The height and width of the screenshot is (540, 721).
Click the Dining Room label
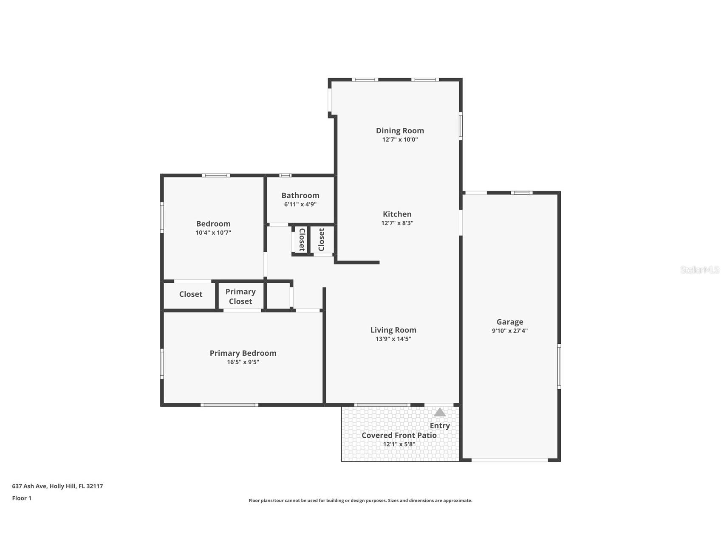point(400,130)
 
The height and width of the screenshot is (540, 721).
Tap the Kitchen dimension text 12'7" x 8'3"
point(397,223)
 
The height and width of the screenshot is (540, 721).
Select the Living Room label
point(393,330)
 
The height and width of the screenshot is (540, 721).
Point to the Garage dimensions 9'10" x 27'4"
point(510,331)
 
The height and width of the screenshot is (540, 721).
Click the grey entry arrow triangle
point(440,412)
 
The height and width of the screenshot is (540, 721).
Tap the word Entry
point(440,425)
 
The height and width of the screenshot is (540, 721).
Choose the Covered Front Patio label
point(399,435)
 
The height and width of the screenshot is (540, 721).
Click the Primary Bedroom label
point(243,353)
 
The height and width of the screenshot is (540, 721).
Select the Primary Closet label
point(240,296)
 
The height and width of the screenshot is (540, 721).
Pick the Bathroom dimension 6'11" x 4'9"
point(300,204)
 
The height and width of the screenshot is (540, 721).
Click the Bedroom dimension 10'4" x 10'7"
point(213,233)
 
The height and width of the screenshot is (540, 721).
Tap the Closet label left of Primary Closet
point(191,294)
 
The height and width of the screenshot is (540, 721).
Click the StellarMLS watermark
point(700,270)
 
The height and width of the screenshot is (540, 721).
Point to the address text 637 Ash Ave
point(29,486)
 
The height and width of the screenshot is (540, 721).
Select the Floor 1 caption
point(22,498)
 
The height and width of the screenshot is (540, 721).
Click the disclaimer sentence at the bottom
point(360,501)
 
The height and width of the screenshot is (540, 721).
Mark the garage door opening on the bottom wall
point(510,460)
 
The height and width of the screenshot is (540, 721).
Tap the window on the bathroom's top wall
point(285,175)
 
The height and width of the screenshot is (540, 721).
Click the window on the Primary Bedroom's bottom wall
point(229,405)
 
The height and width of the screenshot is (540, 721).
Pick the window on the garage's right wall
point(559,366)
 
